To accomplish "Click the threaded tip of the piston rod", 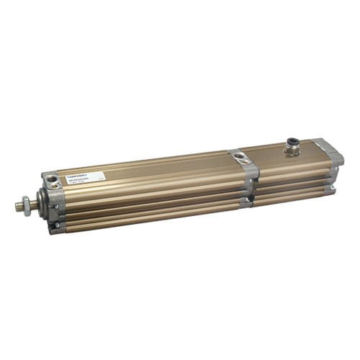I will coord(17,207).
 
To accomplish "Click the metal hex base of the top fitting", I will coord(292,152).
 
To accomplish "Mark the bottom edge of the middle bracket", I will coord(248,204).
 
